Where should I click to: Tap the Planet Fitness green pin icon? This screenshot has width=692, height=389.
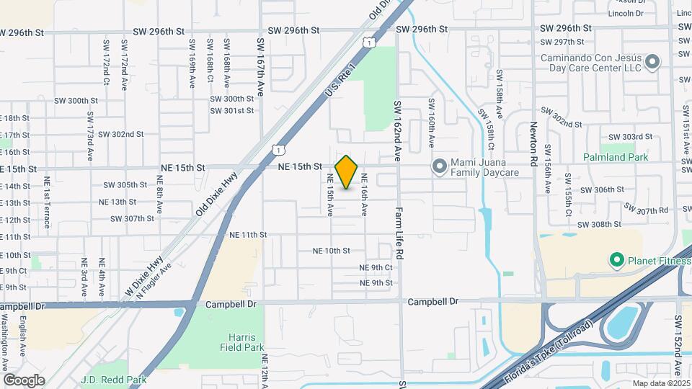point(616,259)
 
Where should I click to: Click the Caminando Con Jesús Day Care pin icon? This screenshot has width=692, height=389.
point(652,62)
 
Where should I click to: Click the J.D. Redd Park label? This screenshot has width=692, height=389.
point(114,380)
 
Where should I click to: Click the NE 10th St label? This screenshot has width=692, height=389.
point(331,251)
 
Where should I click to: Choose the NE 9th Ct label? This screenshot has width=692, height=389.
point(376,267)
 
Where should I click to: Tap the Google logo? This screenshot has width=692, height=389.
point(24,380)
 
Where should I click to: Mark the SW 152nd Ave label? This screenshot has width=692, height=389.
point(678,345)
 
